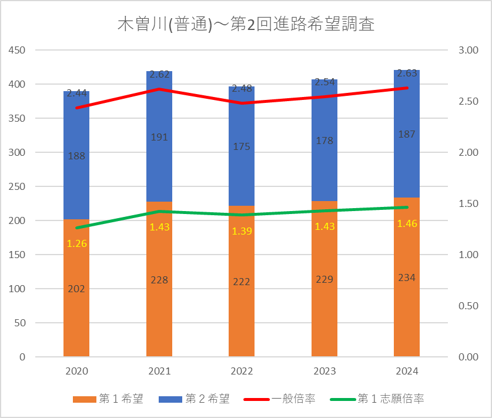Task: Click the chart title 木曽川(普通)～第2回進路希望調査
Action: pyautogui.click(x=246, y=25)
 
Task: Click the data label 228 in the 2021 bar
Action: pyautogui.click(x=159, y=280)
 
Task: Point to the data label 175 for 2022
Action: pyautogui.click(x=242, y=146)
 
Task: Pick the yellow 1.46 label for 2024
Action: pyautogui.click(x=407, y=223)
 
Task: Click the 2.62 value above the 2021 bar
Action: pyautogui.click(x=159, y=75)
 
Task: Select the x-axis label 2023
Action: pyautogui.click(x=324, y=372)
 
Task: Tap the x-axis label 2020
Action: pyautogui.click(x=76, y=372)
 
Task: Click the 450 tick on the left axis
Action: pyautogui.click(x=18, y=51)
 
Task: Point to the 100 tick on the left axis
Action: pyautogui.click(x=18, y=289)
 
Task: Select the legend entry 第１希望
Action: pyautogui.click(x=108, y=399)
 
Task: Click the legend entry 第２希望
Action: pyautogui.click(x=194, y=399)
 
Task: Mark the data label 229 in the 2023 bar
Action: pyautogui.click(x=324, y=279)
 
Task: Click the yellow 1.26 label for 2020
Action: pyautogui.click(x=76, y=243)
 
